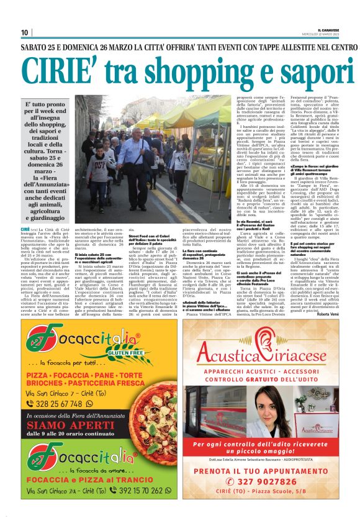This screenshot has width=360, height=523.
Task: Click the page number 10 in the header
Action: (25, 33)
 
